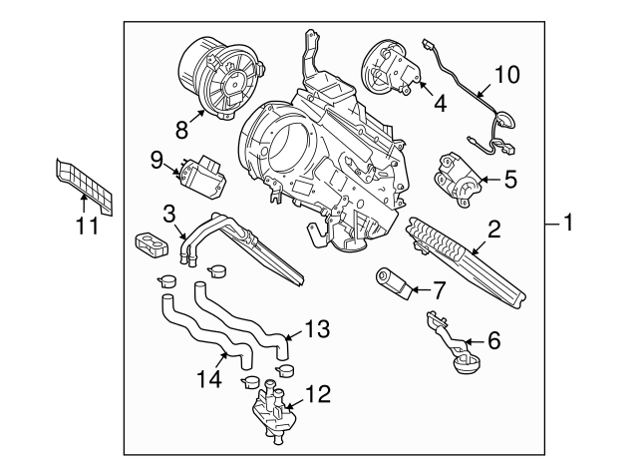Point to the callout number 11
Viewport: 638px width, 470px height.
pyautogui.click(x=87, y=226)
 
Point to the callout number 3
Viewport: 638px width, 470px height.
pyautogui.click(x=169, y=212)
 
